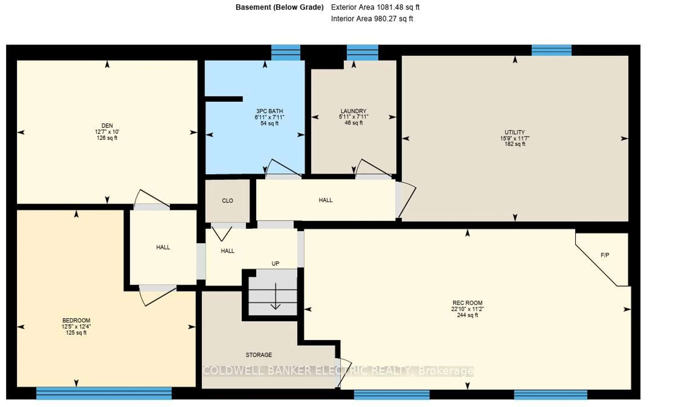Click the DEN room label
(107, 126)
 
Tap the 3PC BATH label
(270, 111)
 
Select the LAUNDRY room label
(353, 111)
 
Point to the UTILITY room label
(515, 132)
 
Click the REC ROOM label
(467, 303)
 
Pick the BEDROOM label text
(76, 320)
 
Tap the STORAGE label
(259, 355)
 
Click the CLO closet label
(227, 201)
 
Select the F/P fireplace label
(605, 255)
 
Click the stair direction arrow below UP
(275, 296)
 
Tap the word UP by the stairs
(275, 264)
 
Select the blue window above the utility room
(551, 50)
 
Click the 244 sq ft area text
(467, 315)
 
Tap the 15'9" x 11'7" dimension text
(515, 138)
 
